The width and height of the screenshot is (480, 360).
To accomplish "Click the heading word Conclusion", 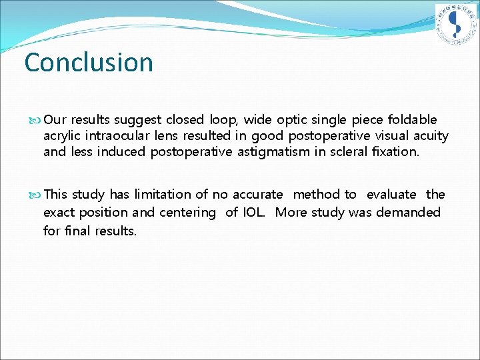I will coord(89,63).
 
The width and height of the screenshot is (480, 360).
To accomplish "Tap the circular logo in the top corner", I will coord(456,25).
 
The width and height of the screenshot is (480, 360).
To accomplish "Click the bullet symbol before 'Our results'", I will coord(37,121).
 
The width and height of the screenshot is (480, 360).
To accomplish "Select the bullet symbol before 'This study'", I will coord(37,195).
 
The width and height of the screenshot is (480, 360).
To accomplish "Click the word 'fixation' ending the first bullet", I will coord(394,152).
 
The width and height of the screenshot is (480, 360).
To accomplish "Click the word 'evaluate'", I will coord(391,195).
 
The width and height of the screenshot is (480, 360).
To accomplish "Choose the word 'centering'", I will coord(187,213).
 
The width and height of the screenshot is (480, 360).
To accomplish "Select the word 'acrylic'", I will coord(62,137).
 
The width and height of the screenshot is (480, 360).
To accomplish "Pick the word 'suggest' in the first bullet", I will coord(137,120).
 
